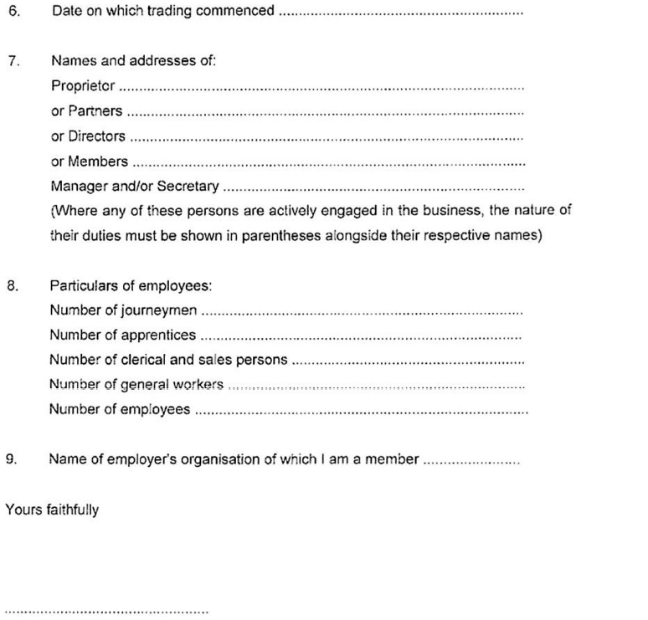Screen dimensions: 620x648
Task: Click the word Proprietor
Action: [84, 85]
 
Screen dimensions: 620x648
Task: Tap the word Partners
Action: [95, 111]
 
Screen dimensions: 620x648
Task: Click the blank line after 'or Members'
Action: [328, 164]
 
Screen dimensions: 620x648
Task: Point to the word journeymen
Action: [159, 311]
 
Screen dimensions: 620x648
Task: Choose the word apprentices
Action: [158, 336]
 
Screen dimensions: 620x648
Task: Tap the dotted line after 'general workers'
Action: [376, 387]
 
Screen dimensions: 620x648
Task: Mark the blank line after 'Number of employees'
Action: [361, 412]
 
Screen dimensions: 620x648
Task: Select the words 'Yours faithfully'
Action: [52, 509]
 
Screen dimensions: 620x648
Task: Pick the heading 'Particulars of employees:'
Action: [131, 286]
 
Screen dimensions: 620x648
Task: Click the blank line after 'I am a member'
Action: [471, 461]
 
